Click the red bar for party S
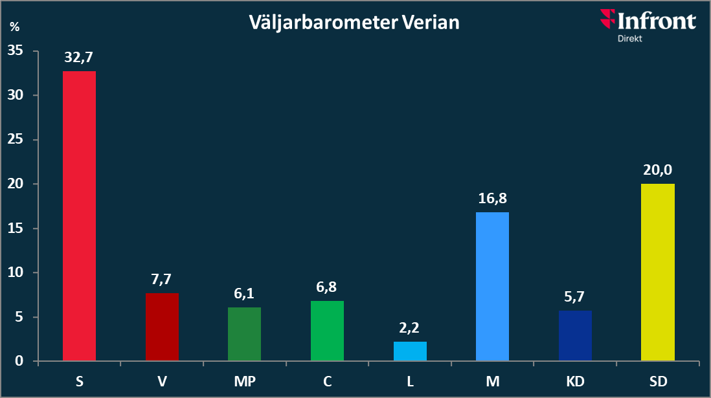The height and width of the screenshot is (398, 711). tap(79, 216)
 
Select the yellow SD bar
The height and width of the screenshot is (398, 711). tap(657, 272)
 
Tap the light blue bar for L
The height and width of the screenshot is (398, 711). tap(410, 351)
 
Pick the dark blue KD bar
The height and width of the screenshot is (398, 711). tap(575, 335)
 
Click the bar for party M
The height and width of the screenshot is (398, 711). tap(492, 286)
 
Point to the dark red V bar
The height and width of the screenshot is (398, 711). tap(162, 327)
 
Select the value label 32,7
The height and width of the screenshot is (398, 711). tap(79, 58)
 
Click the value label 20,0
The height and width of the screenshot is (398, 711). tap(657, 170)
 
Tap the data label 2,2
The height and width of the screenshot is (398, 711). tap(410, 328)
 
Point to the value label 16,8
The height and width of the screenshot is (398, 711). tap(492, 199)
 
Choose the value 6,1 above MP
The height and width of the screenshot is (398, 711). tap(245, 294)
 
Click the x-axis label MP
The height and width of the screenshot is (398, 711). tap(245, 381)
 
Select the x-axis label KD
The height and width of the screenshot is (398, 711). tap(575, 381)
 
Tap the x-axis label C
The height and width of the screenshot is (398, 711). tap(327, 381)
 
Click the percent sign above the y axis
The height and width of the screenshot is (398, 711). tap(14, 27)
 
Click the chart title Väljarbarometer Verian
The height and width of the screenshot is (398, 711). tap(354, 23)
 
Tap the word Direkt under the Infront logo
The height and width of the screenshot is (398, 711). tap(629, 38)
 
